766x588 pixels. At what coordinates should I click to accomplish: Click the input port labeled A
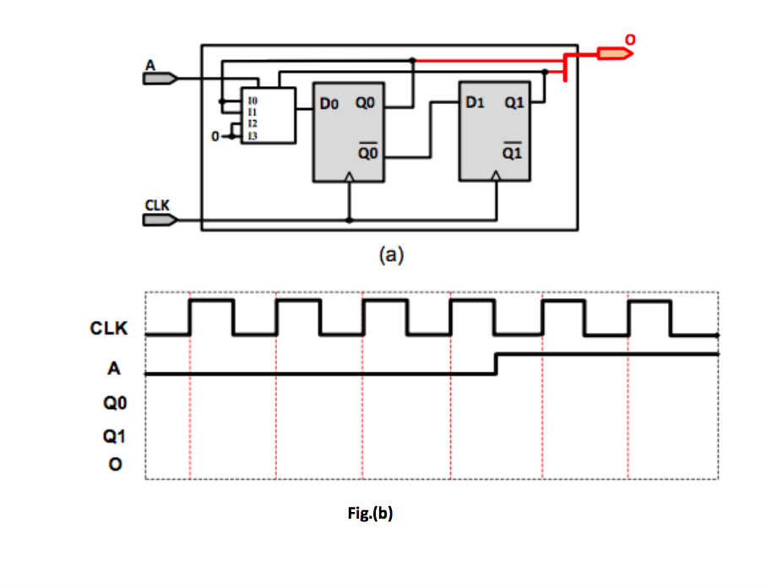159,79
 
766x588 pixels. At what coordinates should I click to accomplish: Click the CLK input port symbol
159,220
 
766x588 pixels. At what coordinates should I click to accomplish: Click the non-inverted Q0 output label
366,104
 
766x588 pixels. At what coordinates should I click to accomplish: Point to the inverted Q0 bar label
367,154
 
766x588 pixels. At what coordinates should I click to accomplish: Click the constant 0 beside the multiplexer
215,136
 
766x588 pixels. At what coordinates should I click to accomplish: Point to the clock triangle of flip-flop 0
350,177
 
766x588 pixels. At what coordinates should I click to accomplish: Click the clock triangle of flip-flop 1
497,176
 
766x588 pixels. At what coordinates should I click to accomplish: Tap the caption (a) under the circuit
389,253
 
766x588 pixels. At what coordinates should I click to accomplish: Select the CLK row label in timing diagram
109,329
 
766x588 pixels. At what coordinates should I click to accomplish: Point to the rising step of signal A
497,364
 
